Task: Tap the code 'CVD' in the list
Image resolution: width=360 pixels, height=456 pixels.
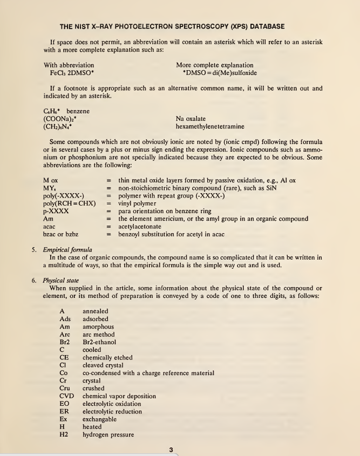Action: point(66,396)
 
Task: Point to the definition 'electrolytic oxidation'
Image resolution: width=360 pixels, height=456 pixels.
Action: point(112,404)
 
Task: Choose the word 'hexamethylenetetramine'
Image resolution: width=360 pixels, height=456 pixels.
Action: point(210,127)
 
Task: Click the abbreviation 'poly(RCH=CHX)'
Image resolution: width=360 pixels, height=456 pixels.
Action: point(69,203)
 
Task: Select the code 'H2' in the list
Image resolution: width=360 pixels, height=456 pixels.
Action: point(64,434)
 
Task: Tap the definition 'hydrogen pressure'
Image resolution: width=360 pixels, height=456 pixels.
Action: point(108,434)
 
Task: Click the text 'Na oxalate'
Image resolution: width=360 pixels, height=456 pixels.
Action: point(192,119)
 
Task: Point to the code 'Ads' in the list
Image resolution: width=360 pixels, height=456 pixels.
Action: point(65,319)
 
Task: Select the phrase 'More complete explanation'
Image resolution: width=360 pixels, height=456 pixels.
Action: point(214,65)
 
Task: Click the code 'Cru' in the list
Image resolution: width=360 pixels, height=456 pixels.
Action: point(65,388)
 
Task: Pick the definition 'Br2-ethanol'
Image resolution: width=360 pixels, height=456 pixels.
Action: point(99,342)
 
